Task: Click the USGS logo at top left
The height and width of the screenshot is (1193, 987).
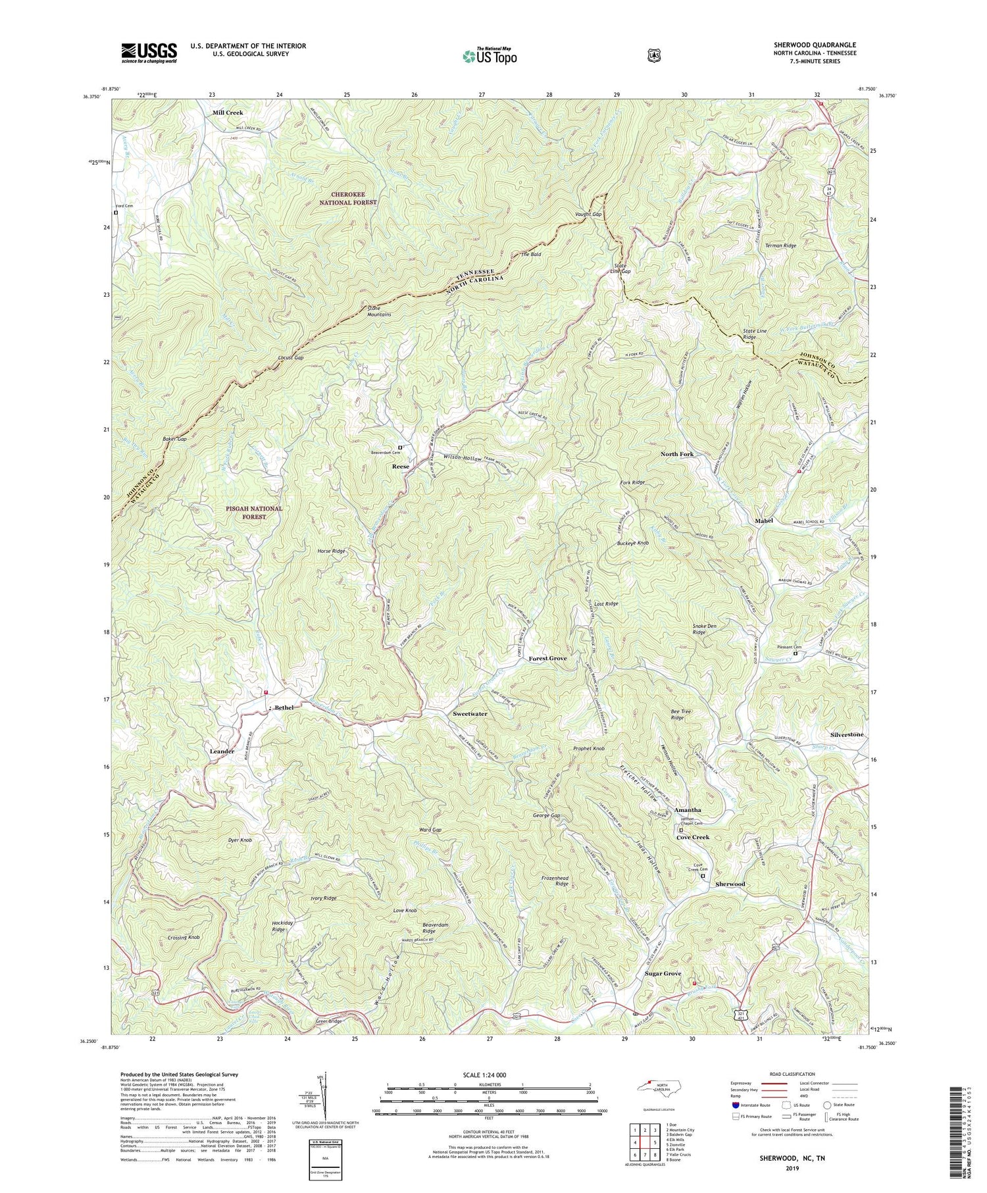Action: click(149, 53)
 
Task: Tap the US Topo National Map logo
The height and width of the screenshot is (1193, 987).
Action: click(490, 56)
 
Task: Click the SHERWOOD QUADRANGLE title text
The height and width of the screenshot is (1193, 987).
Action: click(812, 45)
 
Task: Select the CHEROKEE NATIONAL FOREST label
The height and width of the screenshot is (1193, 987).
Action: click(345, 198)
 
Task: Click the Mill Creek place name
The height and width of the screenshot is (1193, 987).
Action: click(228, 113)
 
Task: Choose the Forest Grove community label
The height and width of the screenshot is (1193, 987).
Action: click(547, 659)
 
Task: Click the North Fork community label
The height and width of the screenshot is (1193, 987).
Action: click(677, 454)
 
